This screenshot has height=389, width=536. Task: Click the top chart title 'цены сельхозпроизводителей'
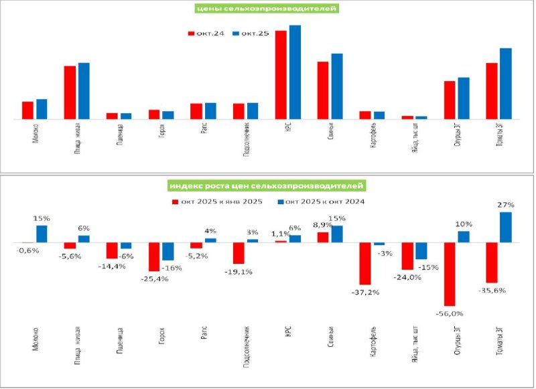coord(265,9)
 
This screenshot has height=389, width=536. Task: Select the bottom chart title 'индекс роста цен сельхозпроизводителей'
coord(267,185)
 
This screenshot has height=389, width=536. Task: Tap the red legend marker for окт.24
coord(191,33)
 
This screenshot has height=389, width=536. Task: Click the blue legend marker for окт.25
coord(236,33)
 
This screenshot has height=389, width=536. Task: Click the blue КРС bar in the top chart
coord(295,72)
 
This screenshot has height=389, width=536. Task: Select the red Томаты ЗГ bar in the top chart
coord(492,91)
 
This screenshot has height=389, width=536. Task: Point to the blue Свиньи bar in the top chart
coord(336,86)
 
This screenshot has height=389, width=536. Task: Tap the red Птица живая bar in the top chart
coord(70,92)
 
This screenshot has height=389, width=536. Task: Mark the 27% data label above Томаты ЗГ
coord(504,205)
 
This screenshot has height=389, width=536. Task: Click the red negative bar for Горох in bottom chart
coord(154,256)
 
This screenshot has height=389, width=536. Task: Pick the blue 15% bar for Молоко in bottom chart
coord(42,234)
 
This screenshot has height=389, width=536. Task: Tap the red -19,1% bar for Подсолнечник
coord(239,253)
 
